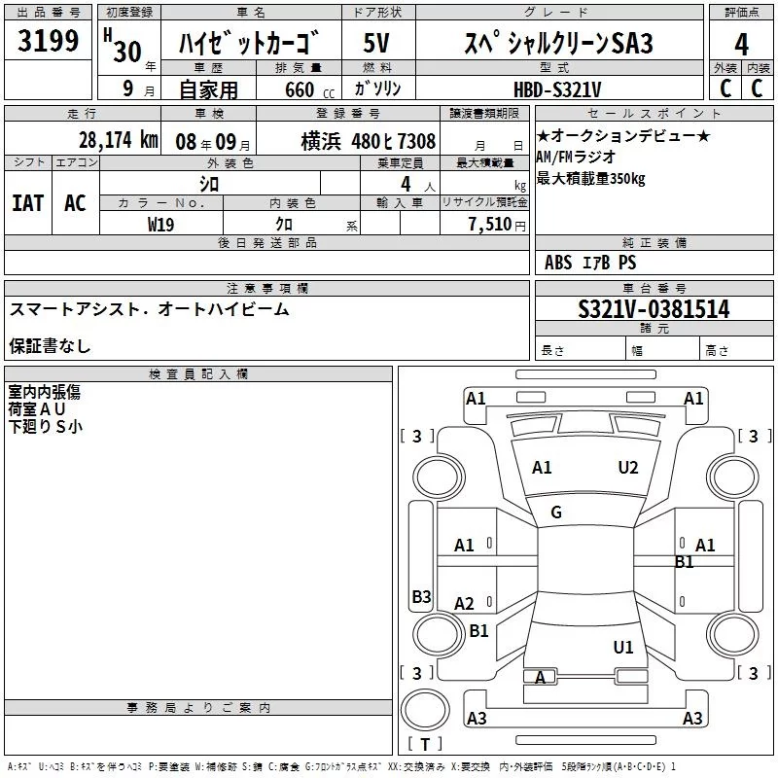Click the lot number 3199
49,42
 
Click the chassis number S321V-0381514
654,310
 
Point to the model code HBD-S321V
558,88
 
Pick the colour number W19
161,224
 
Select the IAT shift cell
27,203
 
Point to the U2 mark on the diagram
628,468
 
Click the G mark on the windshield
556,513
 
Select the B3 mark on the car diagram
421,597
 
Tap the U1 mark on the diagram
623,647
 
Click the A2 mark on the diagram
465,604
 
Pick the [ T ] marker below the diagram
425,744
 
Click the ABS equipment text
558,263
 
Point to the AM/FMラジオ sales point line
576,158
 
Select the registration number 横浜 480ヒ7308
369,141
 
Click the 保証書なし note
51,345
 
